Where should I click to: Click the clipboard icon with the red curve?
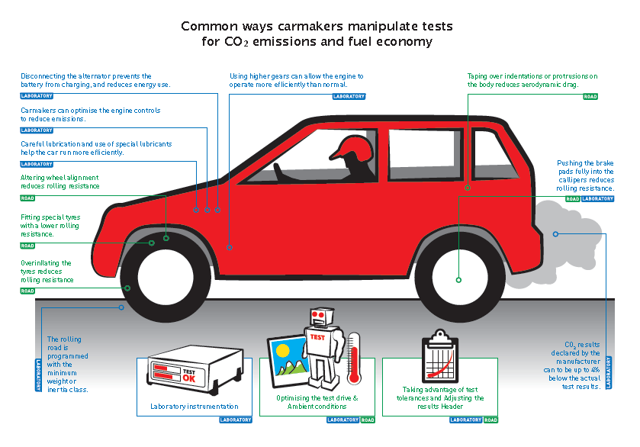(440, 357)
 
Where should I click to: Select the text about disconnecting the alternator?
(95, 80)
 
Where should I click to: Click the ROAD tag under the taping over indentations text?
(590, 97)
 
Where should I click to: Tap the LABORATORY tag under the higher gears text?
(349, 97)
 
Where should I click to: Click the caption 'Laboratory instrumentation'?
(194, 407)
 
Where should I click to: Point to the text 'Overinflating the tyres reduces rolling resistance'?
(47, 272)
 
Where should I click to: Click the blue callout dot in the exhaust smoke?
(555, 233)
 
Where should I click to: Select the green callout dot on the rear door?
(468, 187)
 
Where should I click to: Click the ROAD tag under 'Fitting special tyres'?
(27, 246)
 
